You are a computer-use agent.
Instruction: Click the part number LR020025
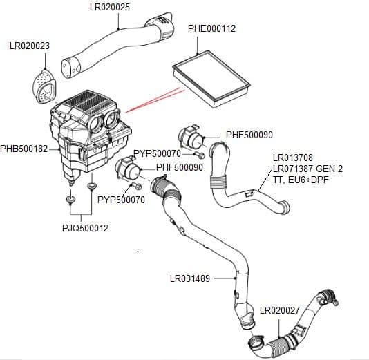click(x=120, y=8)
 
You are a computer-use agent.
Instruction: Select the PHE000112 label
click(x=211, y=29)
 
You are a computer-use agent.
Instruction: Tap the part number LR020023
click(x=30, y=46)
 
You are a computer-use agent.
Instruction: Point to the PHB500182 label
click(x=24, y=149)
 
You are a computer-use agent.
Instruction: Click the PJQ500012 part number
click(x=84, y=228)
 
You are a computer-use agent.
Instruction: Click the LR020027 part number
click(x=280, y=310)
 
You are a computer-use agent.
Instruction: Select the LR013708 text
click(x=293, y=158)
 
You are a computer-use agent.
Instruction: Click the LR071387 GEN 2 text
click(x=307, y=168)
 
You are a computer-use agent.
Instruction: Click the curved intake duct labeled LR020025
click(x=114, y=46)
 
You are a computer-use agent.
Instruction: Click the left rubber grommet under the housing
click(x=70, y=200)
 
